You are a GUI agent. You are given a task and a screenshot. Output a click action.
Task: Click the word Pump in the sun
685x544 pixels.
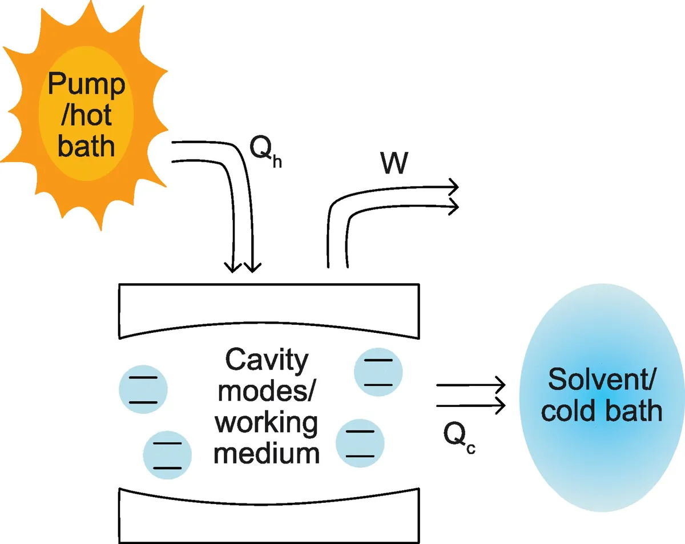tap(86, 86)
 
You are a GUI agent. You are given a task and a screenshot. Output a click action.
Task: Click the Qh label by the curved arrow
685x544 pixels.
tap(266, 152)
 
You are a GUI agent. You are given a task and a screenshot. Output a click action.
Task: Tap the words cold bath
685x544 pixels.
tap(602, 410)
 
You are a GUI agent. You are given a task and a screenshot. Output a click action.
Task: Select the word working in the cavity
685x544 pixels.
tap(267, 423)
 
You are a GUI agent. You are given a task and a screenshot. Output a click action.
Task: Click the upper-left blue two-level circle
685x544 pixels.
tap(143, 390)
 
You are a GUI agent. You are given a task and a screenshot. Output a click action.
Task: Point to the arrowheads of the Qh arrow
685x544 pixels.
tap(242, 265)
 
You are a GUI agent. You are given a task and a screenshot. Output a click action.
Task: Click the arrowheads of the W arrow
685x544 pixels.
tap(453, 197)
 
